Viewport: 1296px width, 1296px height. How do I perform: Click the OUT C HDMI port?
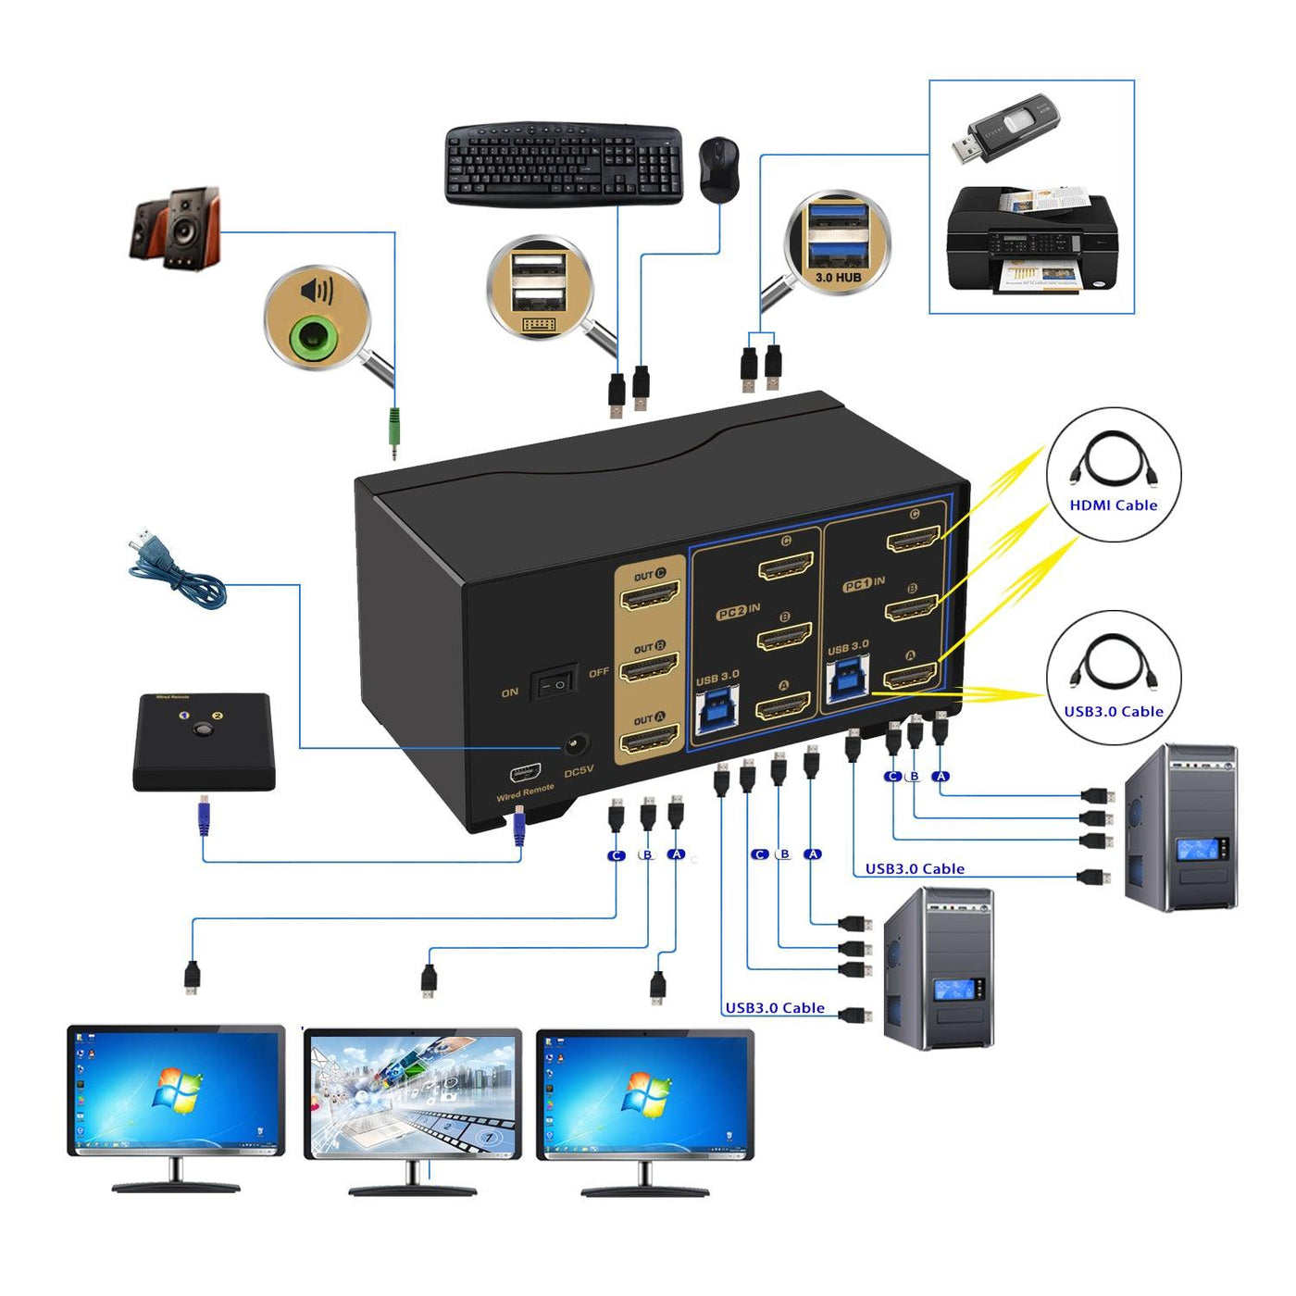(x=649, y=595)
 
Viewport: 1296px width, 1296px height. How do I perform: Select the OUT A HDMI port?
(x=649, y=740)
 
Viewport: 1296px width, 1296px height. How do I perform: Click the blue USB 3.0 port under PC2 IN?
(x=717, y=710)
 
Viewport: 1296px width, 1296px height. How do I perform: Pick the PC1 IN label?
(x=863, y=584)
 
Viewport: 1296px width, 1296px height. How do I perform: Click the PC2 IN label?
(x=738, y=612)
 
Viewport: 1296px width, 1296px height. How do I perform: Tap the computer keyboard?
(x=564, y=165)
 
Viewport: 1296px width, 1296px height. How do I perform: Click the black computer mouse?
(x=718, y=168)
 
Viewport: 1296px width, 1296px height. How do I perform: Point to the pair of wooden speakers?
(x=175, y=228)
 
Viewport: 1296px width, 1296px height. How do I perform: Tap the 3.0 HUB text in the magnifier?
(x=838, y=277)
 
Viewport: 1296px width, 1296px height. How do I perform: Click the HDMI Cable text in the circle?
(x=1113, y=505)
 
